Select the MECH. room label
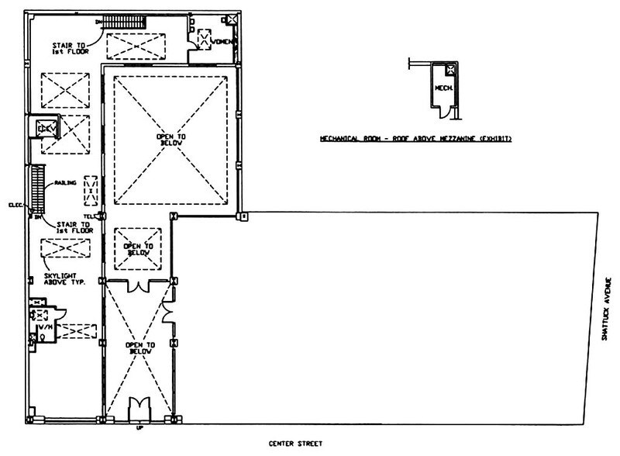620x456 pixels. coord(443,88)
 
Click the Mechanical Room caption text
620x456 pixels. coord(419,140)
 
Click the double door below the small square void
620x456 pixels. coord(138,287)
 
